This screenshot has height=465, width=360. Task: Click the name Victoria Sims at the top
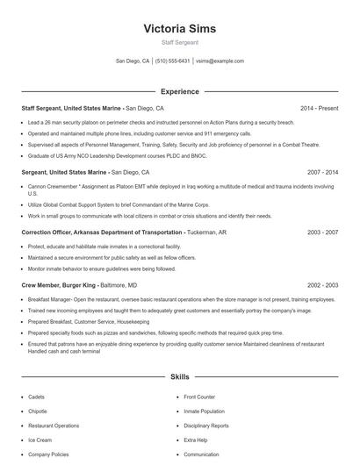click(x=179, y=28)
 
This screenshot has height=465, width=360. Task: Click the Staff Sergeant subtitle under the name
click(x=179, y=42)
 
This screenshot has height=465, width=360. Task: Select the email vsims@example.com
click(x=220, y=61)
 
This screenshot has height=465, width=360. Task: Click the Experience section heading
click(x=179, y=91)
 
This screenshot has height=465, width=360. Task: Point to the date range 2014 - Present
click(x=319, y=108)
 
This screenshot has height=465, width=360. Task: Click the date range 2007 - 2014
click(x=321, y=173)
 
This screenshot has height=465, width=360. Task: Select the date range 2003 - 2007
click(x=321, y=232)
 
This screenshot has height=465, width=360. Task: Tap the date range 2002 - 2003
click(x=321, y=285)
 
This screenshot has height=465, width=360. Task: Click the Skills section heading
click(x=179, y=376)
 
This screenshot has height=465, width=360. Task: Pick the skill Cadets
click(x=37, y=397)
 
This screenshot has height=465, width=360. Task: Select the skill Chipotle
click(x=39, y=411)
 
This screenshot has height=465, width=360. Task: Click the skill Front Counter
click(x=199, y=397)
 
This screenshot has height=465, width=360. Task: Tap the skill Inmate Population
click(x=204, y=411)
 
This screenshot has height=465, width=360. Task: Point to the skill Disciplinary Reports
click(x=206, y=426)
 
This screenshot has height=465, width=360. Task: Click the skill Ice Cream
click(x=40, y=440)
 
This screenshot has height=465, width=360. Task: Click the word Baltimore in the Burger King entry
click(x=115, y=285)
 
